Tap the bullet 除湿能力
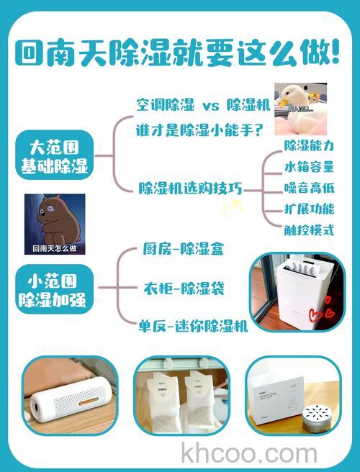[308, 146]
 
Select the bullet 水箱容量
[308, 167]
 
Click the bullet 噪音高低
[308, 188]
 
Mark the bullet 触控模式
[308, 230]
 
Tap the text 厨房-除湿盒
[183, 250]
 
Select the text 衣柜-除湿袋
[183, 289]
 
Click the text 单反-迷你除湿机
[194, 325]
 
